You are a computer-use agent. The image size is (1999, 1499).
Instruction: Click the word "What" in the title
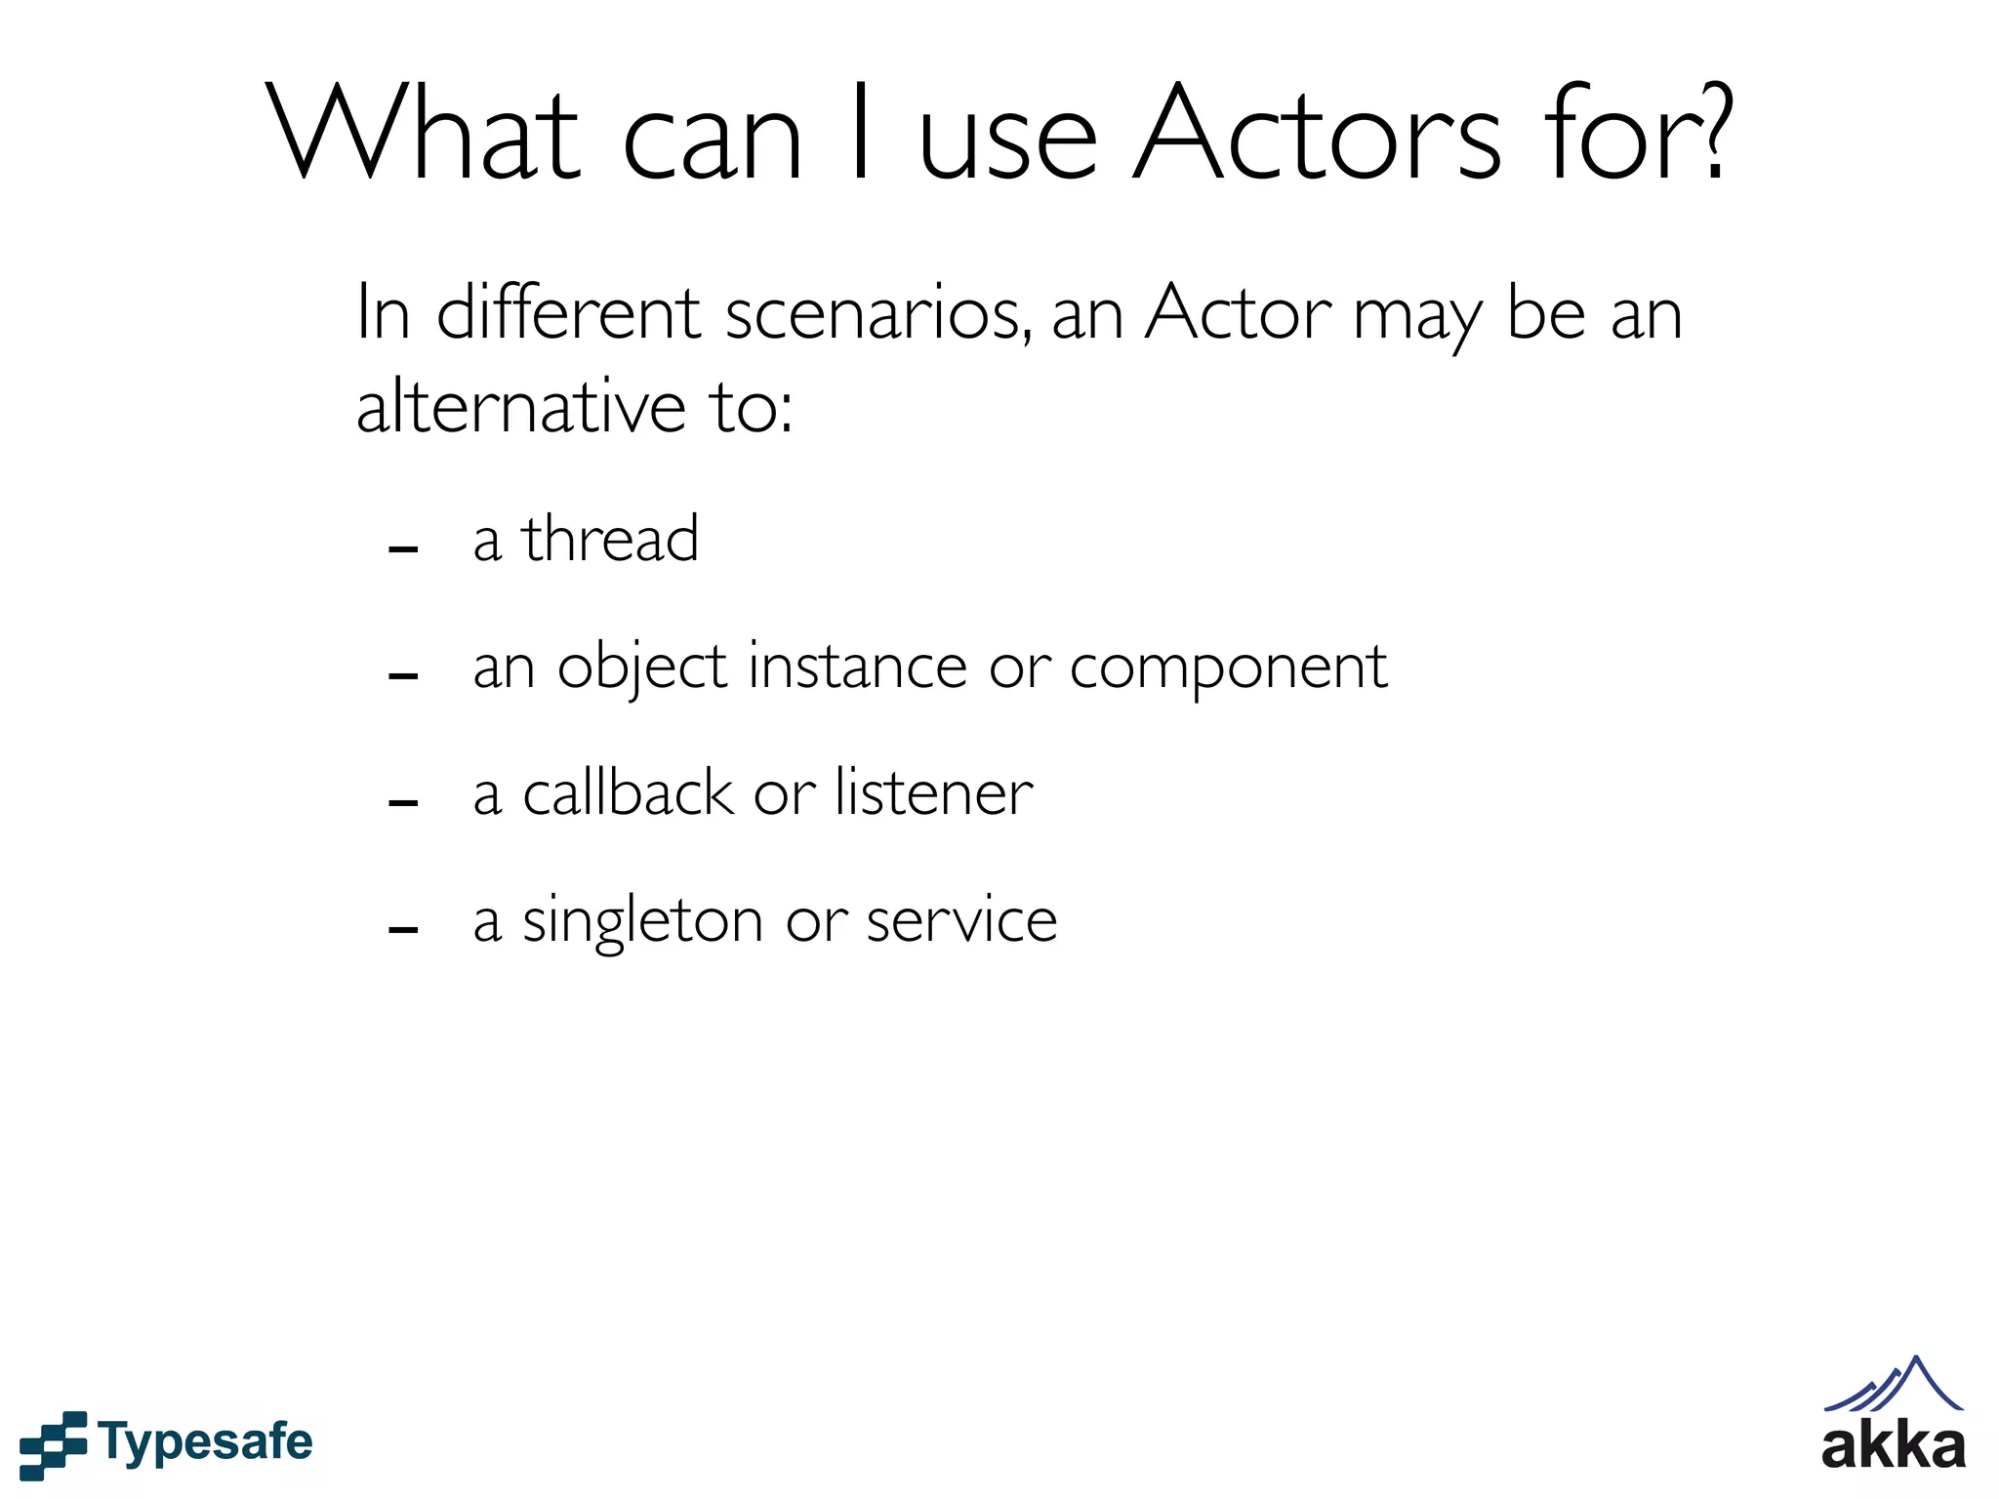point(424,134)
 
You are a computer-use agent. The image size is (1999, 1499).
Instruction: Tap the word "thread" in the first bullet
point(610,539)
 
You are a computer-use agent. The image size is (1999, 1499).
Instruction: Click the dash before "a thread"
point(403,549)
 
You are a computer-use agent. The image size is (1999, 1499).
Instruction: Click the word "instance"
point(857,667)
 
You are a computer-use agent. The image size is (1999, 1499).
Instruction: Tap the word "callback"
point(628,792)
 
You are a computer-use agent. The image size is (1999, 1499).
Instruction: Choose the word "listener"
point(934,792)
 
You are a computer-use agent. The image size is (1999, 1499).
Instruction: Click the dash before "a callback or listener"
point(403,803)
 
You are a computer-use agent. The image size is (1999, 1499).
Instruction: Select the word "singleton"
point(642,921)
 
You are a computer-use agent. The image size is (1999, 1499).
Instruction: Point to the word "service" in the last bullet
point(961,920)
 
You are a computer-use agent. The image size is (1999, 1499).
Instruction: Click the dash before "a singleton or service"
point(403,930)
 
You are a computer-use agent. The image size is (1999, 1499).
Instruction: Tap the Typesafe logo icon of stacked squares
point(53,1444)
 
